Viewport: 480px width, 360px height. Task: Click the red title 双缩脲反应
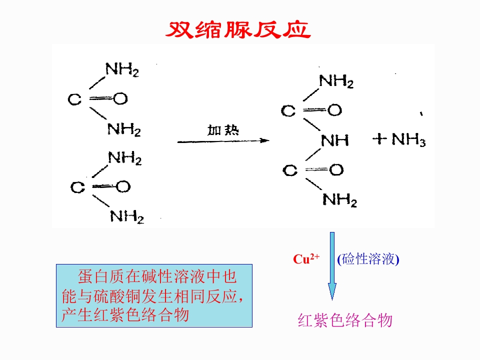(x=238, y=30)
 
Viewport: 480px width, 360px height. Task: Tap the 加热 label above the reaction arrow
(x=223, y=130)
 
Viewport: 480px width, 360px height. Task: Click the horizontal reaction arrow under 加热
(x=223, y=141)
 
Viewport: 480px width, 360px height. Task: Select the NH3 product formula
(x=408, y=139)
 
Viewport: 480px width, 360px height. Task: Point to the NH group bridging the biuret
(x=334, y=140)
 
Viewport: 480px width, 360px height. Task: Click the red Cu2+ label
(x=306, y=258)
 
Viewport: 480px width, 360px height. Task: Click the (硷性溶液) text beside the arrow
(x=368, y=259)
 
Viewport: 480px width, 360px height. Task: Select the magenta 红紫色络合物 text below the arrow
(x=345, y=320)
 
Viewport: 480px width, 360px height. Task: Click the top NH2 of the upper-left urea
(x=122, y=69)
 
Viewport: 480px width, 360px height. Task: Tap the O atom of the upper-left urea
(x=120, y=99)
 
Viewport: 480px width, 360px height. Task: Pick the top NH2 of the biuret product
(x=336, y=81)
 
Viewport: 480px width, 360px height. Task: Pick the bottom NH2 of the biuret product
(x=339, y=200)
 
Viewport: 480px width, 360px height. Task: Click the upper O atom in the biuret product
(x=334, y=110)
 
